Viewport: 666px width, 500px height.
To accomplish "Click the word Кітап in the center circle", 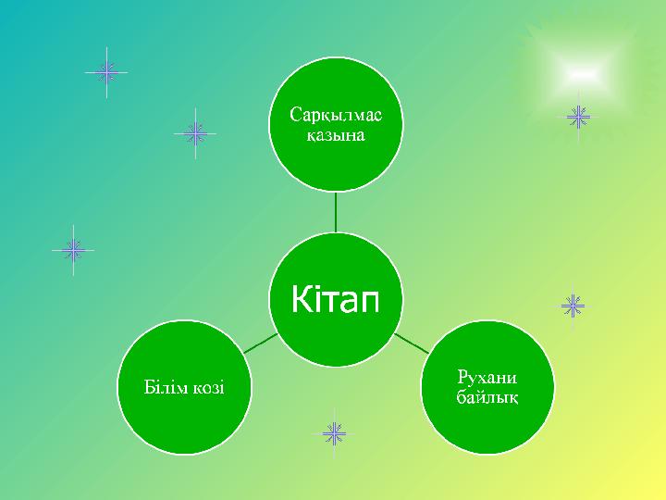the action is (335, 298).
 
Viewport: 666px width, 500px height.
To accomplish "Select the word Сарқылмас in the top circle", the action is (336, 115).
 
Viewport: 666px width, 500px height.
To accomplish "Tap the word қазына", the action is (336, 135).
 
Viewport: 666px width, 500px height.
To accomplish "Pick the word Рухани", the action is (487, 377).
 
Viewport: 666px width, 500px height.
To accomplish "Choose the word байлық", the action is (487, 397).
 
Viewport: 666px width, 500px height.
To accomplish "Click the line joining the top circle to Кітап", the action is (336, 212).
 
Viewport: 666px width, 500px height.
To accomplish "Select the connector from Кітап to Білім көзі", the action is (261, 344).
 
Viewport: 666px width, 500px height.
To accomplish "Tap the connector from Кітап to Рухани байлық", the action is (411, 344).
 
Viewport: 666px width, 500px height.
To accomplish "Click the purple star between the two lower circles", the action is (334, 433).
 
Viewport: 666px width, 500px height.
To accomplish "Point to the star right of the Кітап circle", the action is (573, 306).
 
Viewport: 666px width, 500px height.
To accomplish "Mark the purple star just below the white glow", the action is (578, 117).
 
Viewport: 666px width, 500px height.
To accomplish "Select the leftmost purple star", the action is (73, 250).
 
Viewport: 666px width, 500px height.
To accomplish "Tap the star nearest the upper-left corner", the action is (106, 73).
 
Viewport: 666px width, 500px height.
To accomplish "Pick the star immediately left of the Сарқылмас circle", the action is (195, 133).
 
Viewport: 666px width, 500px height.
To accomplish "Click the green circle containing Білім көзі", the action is (184, 387).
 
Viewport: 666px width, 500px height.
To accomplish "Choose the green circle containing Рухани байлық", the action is (487, 387).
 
